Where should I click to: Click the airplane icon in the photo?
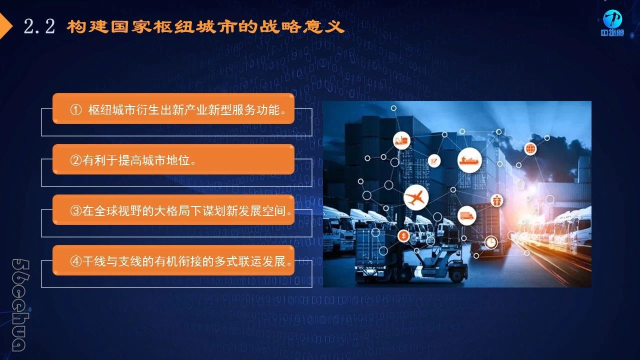(x=416, y=197)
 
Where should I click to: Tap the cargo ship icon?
(x=469, y=160)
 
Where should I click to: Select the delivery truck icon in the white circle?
(x=466, y=215)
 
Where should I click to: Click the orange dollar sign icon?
(x=403, y=236)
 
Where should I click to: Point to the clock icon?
(x=491, y=242)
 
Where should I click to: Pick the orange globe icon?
(x=530, y=149)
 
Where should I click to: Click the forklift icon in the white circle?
(x=401, y=140)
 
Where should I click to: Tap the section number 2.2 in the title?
(x=39, y=26)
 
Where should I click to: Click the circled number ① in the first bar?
(x=75, y=109)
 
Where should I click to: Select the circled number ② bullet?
(x=75, y=160)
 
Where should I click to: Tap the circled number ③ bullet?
(x=75, y=211)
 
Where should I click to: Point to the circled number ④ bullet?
(x=75, y=261)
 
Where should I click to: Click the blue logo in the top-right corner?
(x=612, y=23)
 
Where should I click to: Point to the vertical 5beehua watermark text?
(x=20, y=305)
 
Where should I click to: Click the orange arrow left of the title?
(x=5, y=26)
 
